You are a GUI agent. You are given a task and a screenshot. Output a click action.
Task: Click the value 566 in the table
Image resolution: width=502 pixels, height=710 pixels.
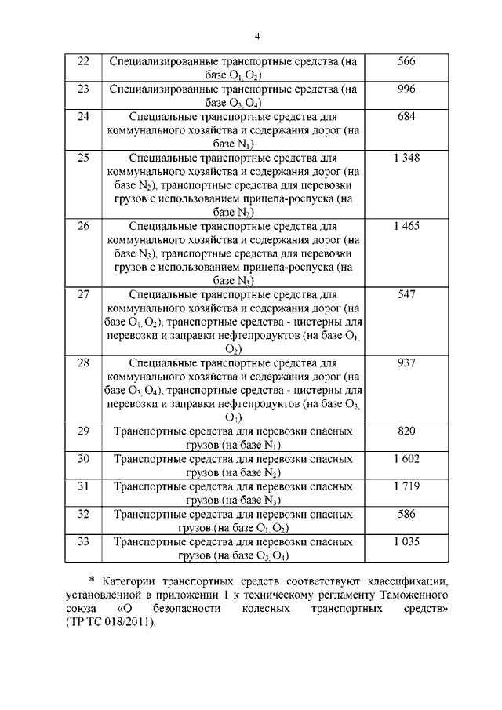[406, 61]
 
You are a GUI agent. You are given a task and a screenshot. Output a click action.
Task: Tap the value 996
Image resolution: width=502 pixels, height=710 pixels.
[406, 89]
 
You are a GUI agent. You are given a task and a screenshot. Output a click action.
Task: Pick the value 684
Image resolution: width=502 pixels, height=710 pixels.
[406, 116]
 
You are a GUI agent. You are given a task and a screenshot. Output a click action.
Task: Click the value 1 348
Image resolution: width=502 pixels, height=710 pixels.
[406, 158]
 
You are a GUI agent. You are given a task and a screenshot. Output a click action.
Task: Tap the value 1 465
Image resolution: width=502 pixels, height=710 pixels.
[406, 226]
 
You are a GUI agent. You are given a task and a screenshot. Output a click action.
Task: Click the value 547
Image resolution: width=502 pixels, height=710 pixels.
[406, 294]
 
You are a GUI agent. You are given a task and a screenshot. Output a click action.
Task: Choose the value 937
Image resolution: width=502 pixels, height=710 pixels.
[406, 362]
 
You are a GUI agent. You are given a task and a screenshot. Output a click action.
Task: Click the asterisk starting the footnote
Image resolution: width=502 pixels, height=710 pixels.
[91, 581]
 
